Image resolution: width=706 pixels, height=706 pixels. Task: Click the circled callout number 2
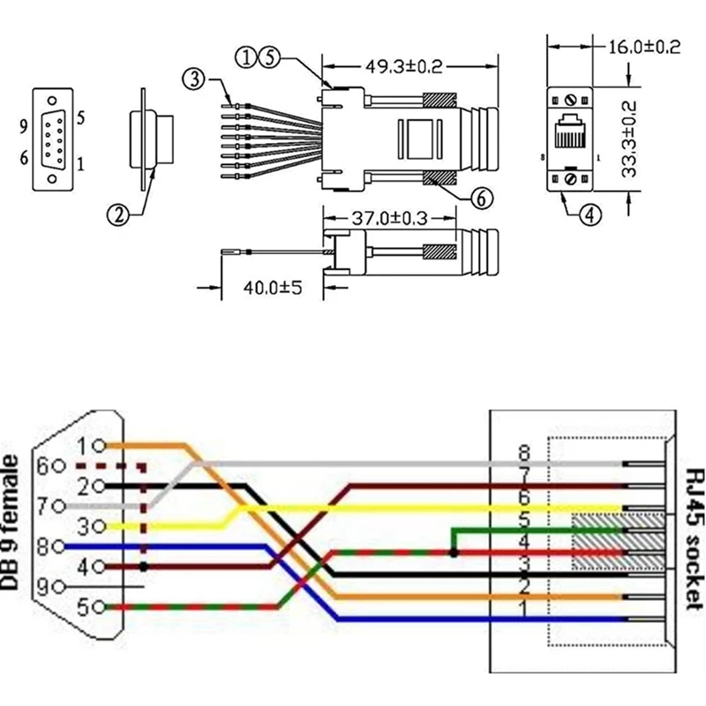click(118, 214)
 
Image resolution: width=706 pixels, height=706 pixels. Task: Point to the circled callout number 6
click(480, 199)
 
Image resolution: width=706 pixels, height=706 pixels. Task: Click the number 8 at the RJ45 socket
click(524, 453)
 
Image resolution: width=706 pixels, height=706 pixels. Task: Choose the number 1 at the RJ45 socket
click(524, 609)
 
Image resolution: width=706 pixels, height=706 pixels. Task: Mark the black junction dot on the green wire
click(453, 553)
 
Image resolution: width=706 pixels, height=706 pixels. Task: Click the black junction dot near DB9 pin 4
click(143, 567)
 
